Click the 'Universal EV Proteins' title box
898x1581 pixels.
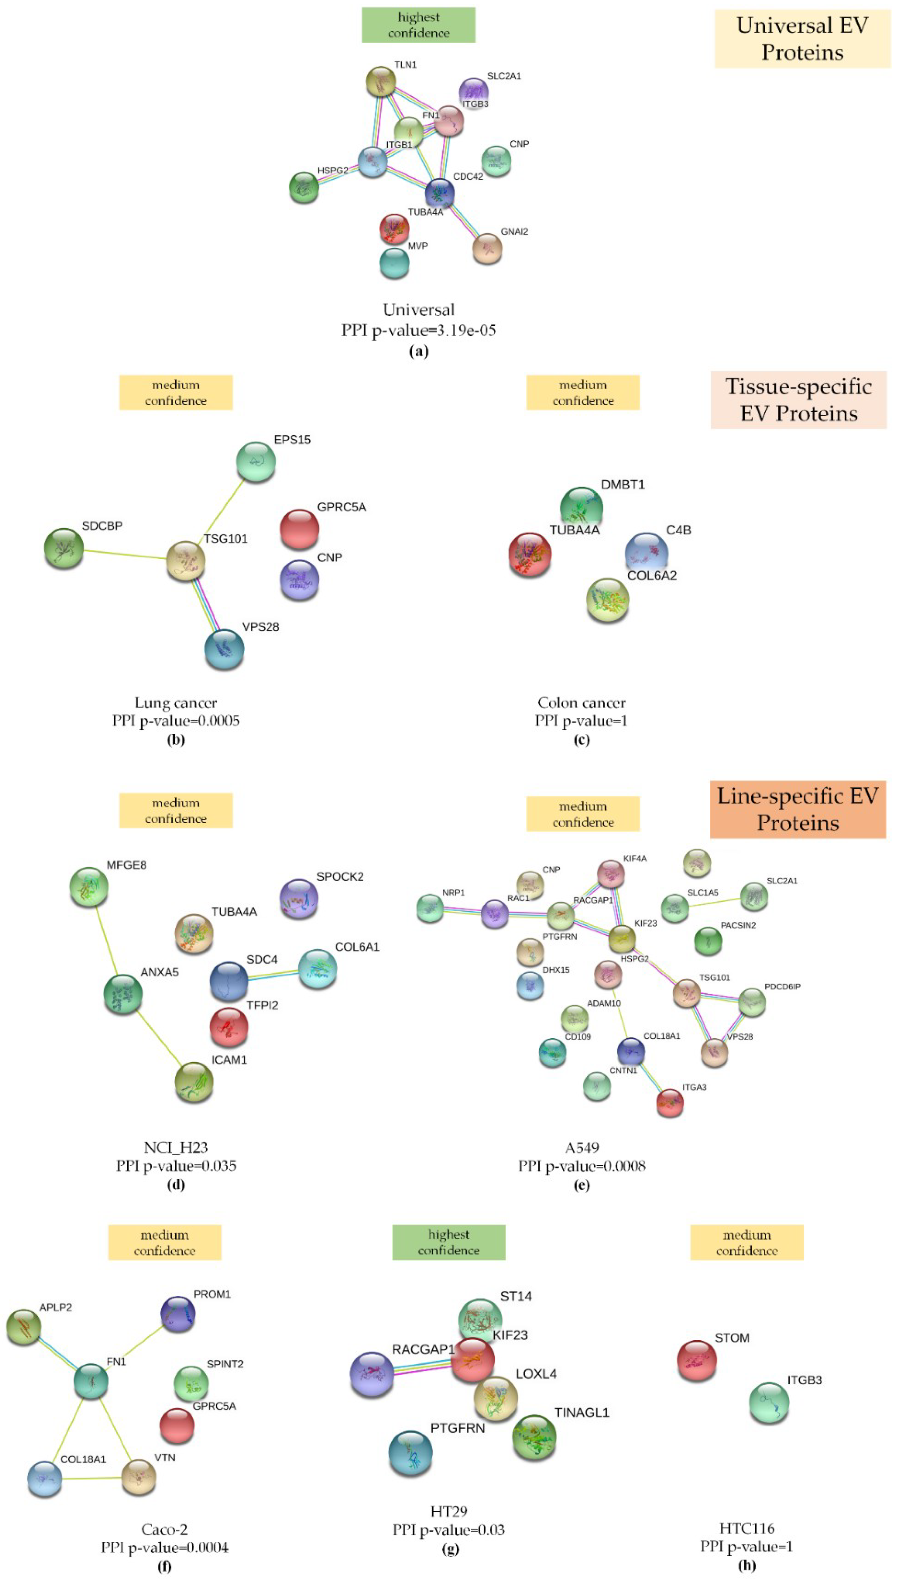pyautogui.click(x=802, y=38)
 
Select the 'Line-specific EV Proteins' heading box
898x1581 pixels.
pyautogui.click(x=798, y=809)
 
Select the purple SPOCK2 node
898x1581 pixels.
pyautogui.click(x=298, y=898)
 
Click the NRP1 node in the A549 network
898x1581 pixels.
pyautogui.click(x=430, y=908)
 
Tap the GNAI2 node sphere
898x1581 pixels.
pyautogui.click(x=487, y=248)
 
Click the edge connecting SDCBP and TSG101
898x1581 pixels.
pyautogui.click(x=125, y=554)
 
